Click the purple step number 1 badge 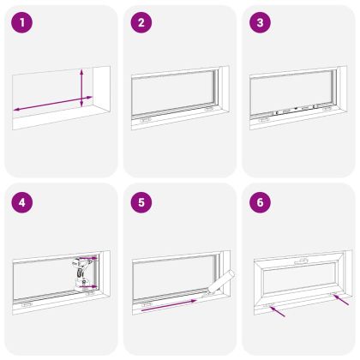(22, 22)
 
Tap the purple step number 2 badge (141, 22)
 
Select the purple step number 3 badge (260, 22)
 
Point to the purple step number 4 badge (22, 202)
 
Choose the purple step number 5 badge (141, 202)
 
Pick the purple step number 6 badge (260, 202)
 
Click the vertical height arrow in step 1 (81, 88)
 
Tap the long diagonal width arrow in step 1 (53, 104)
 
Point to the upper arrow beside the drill (88, 259)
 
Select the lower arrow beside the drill (88, 286)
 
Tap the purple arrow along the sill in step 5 (169, 305)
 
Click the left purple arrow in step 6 (277, 311)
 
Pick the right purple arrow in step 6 (341, 299)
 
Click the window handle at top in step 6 (301, 261)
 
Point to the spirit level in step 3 (296, 110)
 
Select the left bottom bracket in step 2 (145, 121)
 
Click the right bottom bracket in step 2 (209, 109)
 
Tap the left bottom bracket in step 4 (27, 305)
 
